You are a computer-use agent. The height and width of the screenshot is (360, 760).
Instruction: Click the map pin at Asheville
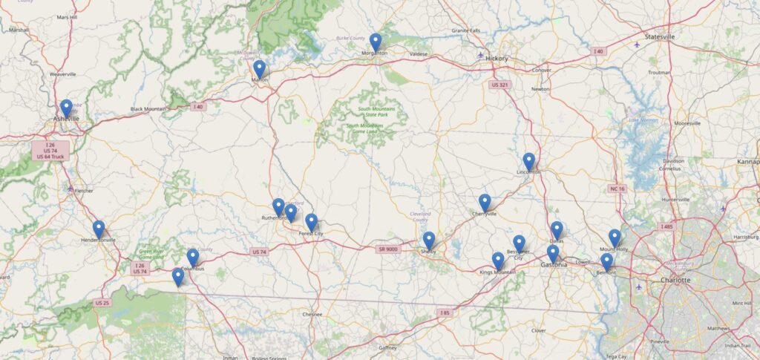pyautogui.click(x=66, y=108)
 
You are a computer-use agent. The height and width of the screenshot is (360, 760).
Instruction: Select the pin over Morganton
pyautogui.click(x=376, y=42)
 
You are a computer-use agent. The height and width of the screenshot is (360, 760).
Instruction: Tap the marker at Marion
pyautogui.click(x=259, y=69)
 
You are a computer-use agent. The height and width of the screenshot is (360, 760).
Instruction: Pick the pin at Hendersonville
pyautogui.click(x=99, y=229)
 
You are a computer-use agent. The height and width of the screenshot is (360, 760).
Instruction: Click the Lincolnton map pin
pyautogui.click(x=528, y=161)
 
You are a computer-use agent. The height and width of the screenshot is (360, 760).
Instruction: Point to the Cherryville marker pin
pyautogui.click(x=485, y=203)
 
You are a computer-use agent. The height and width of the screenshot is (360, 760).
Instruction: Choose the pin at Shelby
pyautogui.click(x=429, y=240)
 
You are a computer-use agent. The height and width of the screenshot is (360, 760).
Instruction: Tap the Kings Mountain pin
pyautogui.click(x=498, y=261)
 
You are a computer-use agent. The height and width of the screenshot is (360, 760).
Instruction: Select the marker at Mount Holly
pyautogui.click(x=615, y=238)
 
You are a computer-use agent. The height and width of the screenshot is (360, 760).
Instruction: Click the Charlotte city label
pyautogui.click(x=675, y=280)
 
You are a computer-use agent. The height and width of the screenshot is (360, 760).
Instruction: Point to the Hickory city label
pyautogui.click(x=497, y=58)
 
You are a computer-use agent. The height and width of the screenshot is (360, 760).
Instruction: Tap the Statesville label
pyautogui.click(x=660, y=36)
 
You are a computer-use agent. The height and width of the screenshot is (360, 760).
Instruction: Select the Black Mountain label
pyautogui.click(x=148, y=109)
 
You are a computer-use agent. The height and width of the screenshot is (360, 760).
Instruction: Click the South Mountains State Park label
pyautogui.click(x=376, y=112)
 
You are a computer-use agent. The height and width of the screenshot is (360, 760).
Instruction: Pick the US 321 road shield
pyautogui.click(x=500, y=85)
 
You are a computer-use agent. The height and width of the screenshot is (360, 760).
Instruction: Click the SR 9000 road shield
pyautogui.click(x=388, y=249)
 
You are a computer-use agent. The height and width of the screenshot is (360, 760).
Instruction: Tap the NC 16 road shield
pyautogui.click(x=617, y=189)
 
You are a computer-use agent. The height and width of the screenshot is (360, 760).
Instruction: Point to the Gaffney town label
pyautogui.click(x=387, y=347)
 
